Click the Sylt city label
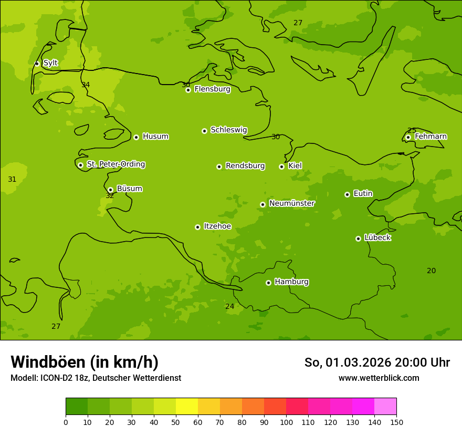[50, 63]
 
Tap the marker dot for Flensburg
[188, 90]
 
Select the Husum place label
[155, 137]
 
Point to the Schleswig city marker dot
[204, 131]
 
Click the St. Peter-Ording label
[115, 164]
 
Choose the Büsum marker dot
[110, 190]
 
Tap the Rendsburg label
[245, 166]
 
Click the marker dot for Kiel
[281, 167]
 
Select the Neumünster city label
[291, 203]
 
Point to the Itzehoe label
[217, 226]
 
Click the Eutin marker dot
[347, 194]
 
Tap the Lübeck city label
[377, 237]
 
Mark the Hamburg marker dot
[268, 283]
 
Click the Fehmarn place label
[430, 137]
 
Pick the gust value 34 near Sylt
[86, 85]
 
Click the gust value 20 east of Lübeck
[431, 271]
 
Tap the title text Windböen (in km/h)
[85, 362]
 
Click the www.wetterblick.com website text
[379, 378]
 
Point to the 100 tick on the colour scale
[286, 422]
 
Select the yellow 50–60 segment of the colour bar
[187, 406]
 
